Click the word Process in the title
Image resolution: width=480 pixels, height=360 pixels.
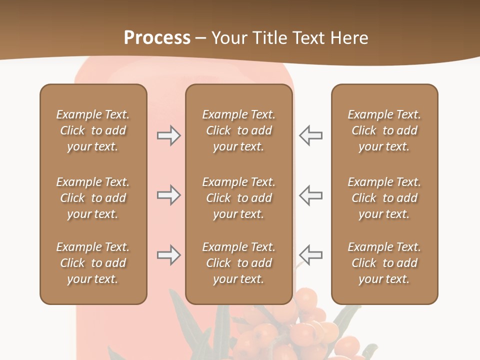(157, 38)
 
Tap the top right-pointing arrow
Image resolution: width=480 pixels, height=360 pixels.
(168, 135)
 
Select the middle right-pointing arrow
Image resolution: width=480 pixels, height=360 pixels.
(168, 194)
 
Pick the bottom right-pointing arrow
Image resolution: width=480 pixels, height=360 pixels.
(168, 255)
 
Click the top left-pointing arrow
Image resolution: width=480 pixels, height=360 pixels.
(310, 135)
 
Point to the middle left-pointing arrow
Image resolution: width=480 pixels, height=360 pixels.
(310, 194)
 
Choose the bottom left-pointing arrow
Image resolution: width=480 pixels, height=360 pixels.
(310, 255)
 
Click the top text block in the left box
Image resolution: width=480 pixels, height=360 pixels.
(93, 130)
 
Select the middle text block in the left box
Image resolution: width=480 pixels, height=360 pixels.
(93, 198)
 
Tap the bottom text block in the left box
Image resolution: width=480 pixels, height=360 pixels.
(93, 263)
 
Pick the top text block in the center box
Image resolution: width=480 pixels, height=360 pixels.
(238, 130)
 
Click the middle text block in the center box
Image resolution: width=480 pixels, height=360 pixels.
(238, 198)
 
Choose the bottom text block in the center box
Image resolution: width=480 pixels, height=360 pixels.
(238, 263)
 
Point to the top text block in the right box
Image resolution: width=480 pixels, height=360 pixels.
(384, 130)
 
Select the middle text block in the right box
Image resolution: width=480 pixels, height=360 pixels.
(384, 198)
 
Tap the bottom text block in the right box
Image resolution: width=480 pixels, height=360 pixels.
(384, 263)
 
